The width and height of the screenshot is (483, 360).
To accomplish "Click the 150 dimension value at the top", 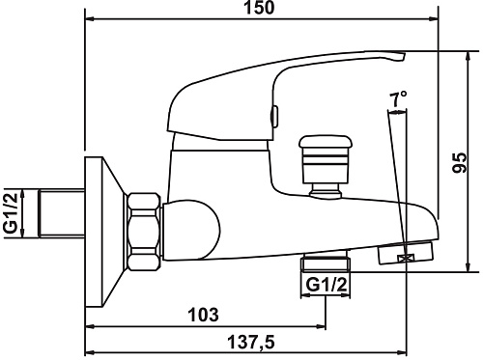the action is pos(259,7).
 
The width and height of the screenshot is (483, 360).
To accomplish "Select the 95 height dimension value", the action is pos(460,162).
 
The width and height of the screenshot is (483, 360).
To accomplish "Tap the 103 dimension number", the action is pos(203,315).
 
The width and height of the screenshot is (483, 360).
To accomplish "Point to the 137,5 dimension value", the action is pos(251,342).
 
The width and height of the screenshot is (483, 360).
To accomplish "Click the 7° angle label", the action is pos(398,99).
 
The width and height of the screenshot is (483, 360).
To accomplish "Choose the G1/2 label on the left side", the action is pos(10,213).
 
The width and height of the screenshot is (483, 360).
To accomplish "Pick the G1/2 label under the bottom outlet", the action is pos(327,285).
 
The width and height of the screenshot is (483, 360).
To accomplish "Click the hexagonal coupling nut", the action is pos(144,232).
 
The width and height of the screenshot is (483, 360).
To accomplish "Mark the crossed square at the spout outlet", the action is pos(406,258).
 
